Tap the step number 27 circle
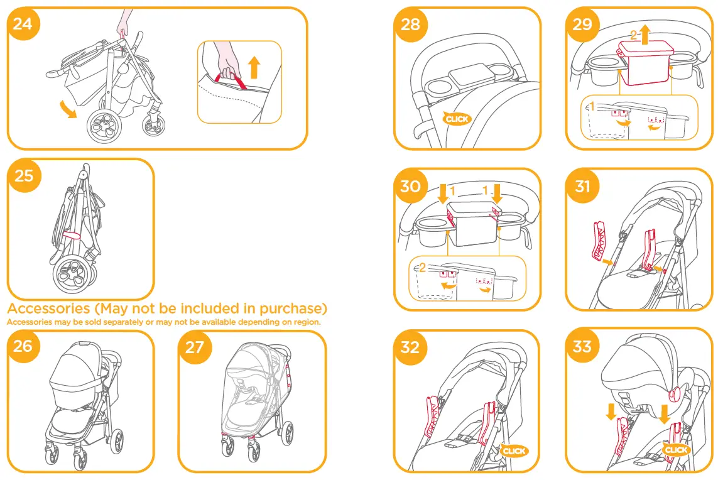pyautogui.click(x=195, y=347)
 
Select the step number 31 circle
pyautogui.click(x=582, y=187)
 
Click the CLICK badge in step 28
pyautogui.click(x=457, y=118)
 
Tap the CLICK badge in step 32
pyautogui.click(x=514, y=450)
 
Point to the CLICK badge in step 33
pyautogui.click(x=677, y=450)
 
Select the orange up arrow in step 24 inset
pyautogui.click(x=253, y=66)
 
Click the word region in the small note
pyautogui.click(x=308, y=322)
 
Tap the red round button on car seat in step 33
pyautogui.click(x=675, y=395)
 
